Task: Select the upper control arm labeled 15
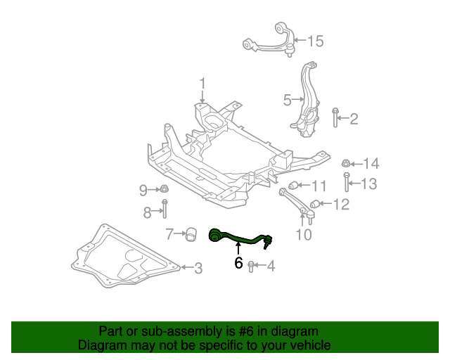pyautogui.click(x=271, y=41)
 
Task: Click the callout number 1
pyautogui.click(x=202, y=84)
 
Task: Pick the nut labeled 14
pyautogui.click(x=345, y=165)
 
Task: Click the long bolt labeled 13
pyautogui.click(x=347, y=184)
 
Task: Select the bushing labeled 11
pyautogui.click(x=296, y=186)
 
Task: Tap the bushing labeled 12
pyautogui.click(x=315, y=205)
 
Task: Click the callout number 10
pyautogui.click(x=304, y=235)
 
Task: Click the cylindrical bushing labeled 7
pyautogui.click(x=190, y=234)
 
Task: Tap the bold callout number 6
pyautogui.click(x=238, y=264)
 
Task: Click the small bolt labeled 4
pyautogui.click(x=252, y=265)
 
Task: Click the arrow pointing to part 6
pyautogui.click(x=238, y=249)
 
